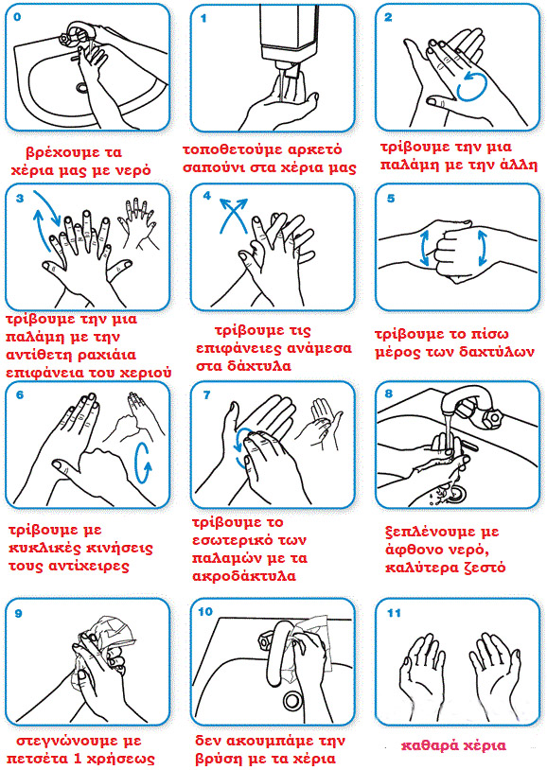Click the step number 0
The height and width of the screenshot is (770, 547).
(x=18, y=17)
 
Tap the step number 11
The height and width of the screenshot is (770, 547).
(x=394, y=613)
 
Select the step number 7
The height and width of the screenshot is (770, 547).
(x=207, y=394)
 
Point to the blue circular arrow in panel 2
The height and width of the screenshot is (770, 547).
(x=472, y=85)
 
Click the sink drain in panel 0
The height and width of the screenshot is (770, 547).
(x=82, y=88)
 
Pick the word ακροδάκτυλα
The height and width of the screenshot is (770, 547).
(x=244, y=575)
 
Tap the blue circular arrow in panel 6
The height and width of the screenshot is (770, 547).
(x=144, y=464)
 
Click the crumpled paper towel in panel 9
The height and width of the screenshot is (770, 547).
(x=111, y=634)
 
